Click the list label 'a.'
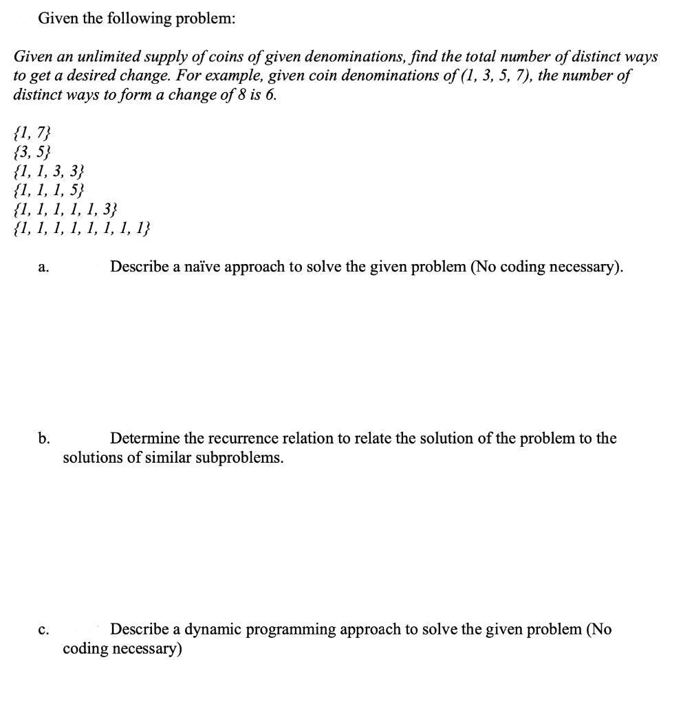point(44,269)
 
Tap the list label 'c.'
point(44,630)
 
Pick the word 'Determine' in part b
point(144,439)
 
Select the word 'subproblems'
point(239,458)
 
